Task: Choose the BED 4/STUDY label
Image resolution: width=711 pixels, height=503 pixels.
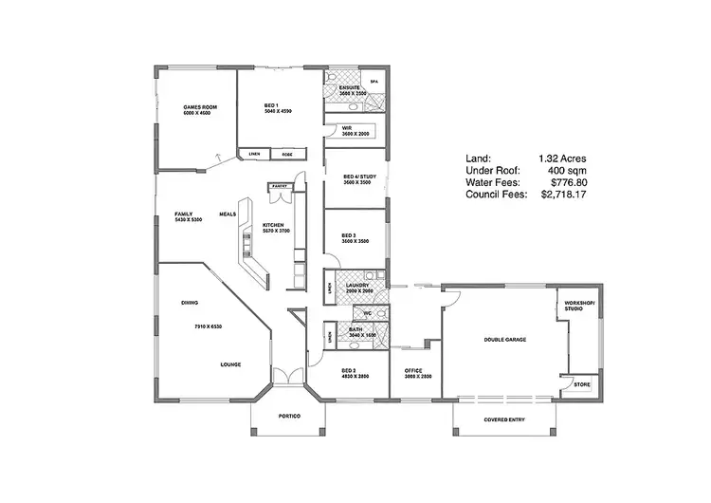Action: point(355,177)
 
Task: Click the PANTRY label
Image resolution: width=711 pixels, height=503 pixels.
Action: point(280,186)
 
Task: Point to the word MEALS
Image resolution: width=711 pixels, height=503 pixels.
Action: point(228,214)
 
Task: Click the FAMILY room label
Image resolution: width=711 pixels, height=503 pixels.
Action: point(184,214)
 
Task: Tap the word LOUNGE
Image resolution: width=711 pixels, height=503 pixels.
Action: point(230,364)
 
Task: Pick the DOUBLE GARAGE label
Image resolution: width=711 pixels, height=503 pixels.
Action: point(504,339)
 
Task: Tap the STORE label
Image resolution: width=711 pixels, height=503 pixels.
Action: point(580,384)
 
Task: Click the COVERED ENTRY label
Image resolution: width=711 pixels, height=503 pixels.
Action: point(504,418)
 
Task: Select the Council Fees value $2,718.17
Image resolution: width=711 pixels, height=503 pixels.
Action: point(565,194)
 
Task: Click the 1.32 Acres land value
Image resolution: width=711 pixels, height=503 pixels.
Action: point(563,158)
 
